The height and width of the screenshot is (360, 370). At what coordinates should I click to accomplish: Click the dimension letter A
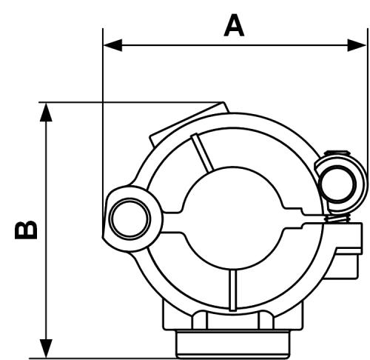pos(234,25)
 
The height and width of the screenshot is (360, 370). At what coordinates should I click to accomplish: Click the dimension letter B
pos(26,230)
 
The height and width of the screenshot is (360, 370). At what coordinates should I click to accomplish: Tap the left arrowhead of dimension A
pos(113,45)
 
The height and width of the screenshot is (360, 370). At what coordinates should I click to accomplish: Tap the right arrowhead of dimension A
pos(357,45)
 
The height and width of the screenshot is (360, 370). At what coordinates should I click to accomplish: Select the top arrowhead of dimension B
pos(46,113)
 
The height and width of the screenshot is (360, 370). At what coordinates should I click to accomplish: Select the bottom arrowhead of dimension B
pos(46,348)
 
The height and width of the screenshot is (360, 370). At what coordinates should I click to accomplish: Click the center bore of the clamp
pos(233,218)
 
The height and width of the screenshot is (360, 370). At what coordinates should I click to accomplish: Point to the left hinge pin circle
pos(130,219)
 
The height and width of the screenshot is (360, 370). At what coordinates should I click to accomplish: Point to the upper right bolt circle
pos(337,184)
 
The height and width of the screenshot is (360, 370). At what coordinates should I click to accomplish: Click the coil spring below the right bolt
pos(338,219)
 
